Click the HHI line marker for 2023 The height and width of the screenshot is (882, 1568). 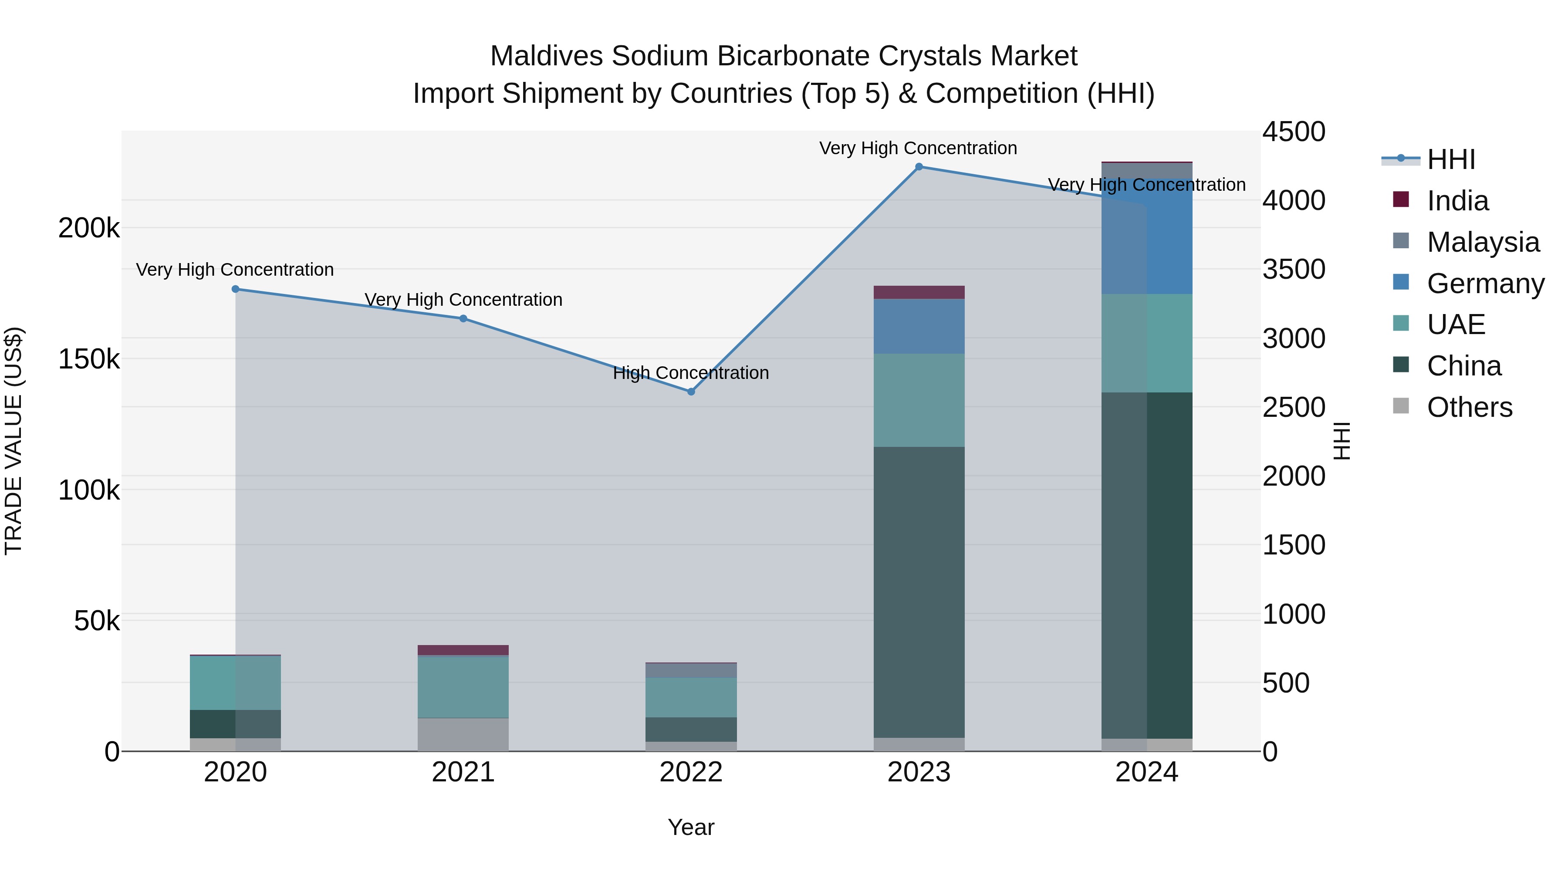coord(919,167)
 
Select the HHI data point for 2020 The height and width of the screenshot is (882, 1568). coord(236,289)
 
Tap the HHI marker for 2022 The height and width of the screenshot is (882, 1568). coord(691,392)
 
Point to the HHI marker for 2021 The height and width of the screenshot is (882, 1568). coord(463,318)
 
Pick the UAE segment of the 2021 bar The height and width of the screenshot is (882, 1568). coord(463,687)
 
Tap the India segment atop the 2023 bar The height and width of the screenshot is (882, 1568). coord(919,292)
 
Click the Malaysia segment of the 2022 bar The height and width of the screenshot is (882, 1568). coord(691,670)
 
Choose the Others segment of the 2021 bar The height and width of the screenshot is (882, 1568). coord(463,735)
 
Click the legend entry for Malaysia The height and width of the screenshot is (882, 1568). coord(1483,242)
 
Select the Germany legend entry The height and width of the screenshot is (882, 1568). coord(1485,283)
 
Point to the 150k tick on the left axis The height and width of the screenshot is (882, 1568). coord(89,359)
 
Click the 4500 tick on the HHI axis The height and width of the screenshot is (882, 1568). coord(1294,132)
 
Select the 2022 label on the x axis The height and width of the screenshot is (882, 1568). coord(691,772)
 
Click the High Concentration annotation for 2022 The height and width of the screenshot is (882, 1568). coord(691,372)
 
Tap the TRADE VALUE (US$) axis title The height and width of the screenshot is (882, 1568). coord(14,441)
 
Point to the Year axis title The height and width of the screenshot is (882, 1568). coord(691,827)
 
